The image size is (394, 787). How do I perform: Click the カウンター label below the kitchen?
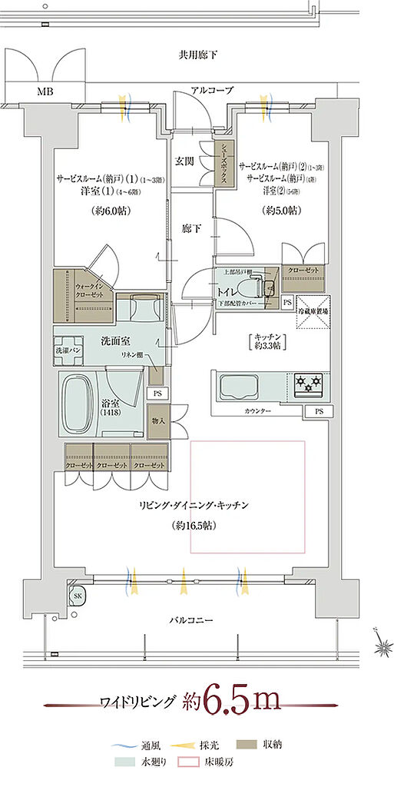pyautogui.click(x=257, y=412)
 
